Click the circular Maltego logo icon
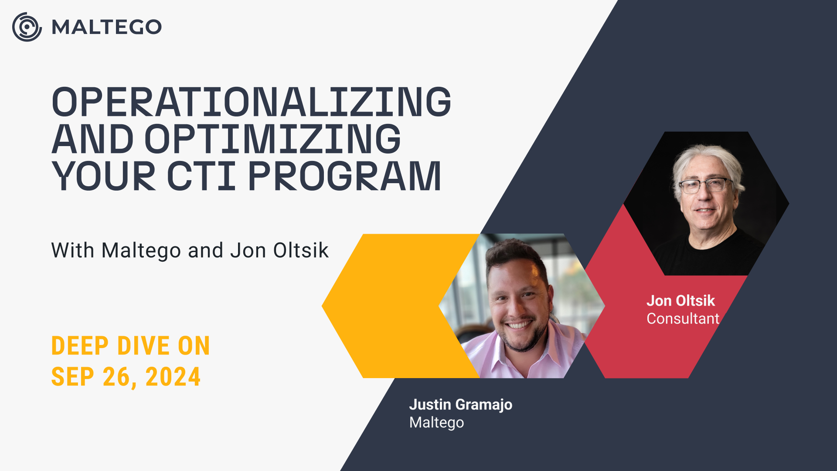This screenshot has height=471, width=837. click(27, 27)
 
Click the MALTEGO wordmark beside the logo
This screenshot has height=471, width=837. click(107, 27)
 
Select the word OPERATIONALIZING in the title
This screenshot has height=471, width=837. click(252, 102)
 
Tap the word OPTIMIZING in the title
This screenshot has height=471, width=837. click(272, 139)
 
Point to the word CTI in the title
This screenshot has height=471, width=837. click(202, 176)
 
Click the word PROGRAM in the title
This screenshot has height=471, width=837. click(345, 176)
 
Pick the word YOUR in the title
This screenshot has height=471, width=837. click(104, 176)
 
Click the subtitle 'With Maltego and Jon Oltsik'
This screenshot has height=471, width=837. click(190, 250)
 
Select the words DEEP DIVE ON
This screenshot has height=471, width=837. click(131, 346)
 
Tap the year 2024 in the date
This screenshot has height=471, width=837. click(173, 377)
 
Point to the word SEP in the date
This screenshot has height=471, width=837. click(73, 377)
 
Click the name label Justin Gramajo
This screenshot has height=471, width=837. click(461, 405)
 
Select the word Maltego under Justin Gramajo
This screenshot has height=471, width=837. click(437, 423)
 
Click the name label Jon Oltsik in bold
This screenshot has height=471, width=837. click(680, 300)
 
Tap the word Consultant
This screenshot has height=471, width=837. click(683, 318)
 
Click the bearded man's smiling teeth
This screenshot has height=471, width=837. click(519, 325)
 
